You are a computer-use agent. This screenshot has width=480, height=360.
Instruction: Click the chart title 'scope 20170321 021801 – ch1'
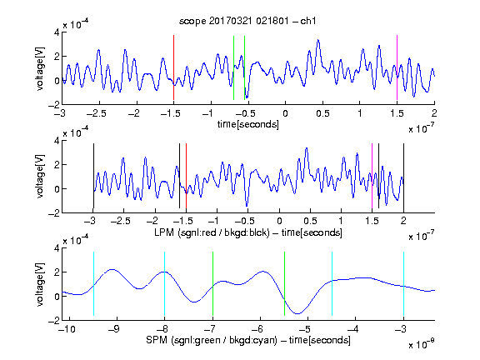point(247,21)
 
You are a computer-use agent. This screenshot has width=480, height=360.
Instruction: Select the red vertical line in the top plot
point(173,67)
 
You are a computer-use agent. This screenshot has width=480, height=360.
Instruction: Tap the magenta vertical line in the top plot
point(397,67)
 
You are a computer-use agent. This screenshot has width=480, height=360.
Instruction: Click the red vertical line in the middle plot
point(186,176)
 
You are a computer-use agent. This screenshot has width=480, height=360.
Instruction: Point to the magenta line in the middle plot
point(372,176)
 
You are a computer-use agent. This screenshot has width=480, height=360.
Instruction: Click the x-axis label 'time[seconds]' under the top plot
point(248,124)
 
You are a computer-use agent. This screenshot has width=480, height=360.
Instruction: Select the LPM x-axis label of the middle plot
point(248,232)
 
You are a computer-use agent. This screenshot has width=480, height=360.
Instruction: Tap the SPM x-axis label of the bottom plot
point(248,340)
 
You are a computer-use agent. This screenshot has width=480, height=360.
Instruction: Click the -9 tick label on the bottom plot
point(114,329)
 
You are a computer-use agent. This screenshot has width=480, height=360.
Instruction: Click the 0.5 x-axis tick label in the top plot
point(322,113)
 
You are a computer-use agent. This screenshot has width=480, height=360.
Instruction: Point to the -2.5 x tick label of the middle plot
point(121,221)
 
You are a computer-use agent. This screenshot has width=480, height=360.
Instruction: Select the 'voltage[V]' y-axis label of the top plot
point(40,68)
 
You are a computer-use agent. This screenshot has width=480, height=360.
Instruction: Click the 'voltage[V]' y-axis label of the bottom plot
point(40,284)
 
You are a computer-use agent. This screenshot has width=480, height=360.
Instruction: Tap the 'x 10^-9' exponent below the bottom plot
point(421,344)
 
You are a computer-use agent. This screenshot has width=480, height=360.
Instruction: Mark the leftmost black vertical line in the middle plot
point(93,176)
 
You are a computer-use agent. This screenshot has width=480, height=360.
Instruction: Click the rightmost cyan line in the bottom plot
point(404,284)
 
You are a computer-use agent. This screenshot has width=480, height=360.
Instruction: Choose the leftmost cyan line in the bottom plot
point(93,284)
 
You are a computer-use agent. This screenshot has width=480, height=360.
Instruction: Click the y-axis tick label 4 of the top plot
point(57,32)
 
